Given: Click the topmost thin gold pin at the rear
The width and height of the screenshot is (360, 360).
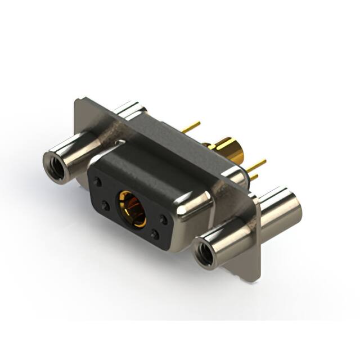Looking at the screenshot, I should pyautogui.click(x=191, y=127).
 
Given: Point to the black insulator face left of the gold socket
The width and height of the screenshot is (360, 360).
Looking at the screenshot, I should pyautogui.click(x=107, y=194).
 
